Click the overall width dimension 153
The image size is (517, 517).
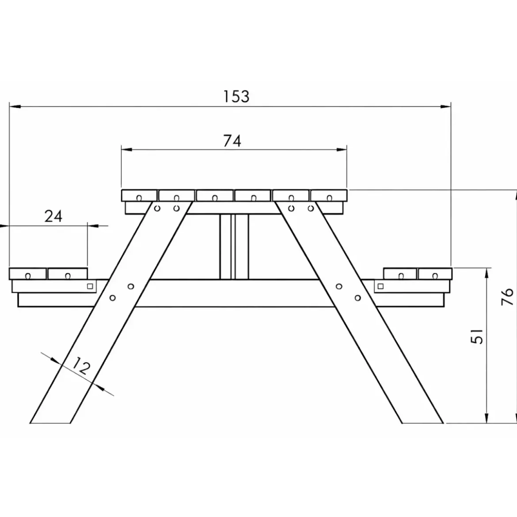tap(236, 97)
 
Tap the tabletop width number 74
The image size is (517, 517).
tap(232, 141)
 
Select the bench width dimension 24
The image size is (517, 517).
tap(53, 217)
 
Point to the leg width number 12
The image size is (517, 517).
tap(81, 366)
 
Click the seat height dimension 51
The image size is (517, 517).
tap(477, 336)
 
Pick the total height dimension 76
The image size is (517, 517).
tap(507, 297)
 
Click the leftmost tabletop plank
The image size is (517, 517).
tap(139, 195)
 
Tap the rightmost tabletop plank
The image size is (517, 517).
tap(329, 195)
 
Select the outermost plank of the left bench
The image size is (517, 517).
tap(28, 274)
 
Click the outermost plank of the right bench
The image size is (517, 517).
tap(435, 274)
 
